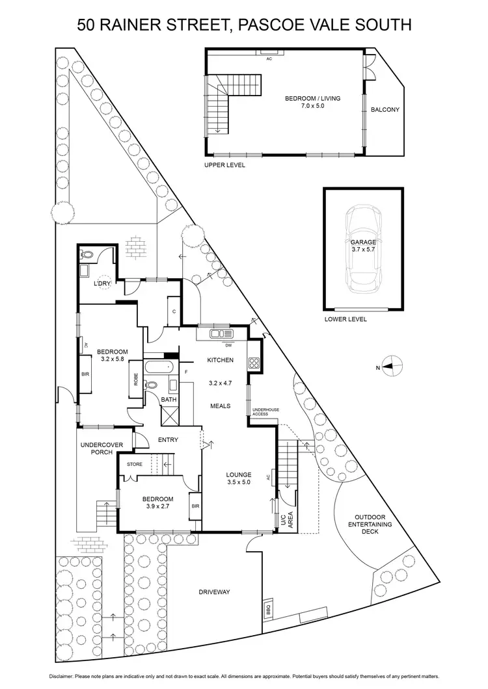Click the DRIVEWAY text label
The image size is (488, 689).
click(x=215, y=592)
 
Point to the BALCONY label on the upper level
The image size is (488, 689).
click(x=385, y=110)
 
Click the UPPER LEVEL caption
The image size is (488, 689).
click(x=224, y=166)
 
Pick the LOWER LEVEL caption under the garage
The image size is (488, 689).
click(x=346, y=319)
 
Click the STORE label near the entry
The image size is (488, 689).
click(x=135, y=464)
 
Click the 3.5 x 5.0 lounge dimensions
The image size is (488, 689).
click(x=239, y=482)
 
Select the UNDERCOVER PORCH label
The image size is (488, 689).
click(x=97, y=449)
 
